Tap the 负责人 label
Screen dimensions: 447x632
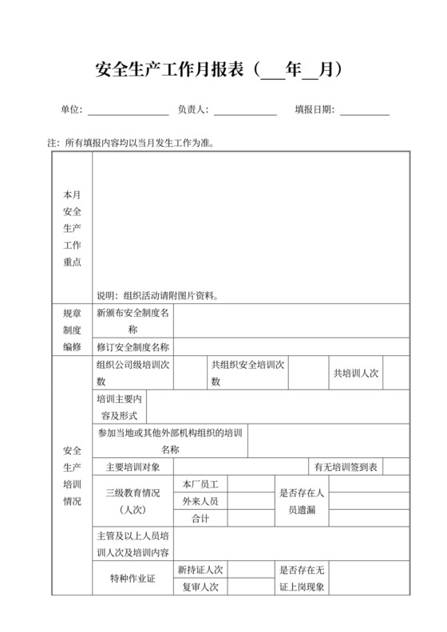tap(192, 109)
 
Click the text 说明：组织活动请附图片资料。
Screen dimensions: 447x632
tap(157, 294)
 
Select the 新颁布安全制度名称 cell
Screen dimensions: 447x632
tap(133, 320)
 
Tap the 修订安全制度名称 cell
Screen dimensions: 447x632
tap(133, 347)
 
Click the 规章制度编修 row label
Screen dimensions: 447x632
tap(72, 330)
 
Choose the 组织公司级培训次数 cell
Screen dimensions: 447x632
tap(133, 373)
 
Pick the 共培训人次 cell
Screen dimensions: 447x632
tap(355, 373)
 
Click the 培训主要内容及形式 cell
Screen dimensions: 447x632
tap(119, 406)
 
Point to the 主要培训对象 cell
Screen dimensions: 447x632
tap(133, 466)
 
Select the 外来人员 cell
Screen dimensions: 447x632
tap(200, 501)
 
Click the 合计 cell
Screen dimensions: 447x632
tap(200, 519)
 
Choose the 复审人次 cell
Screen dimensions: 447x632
tap(200, 587)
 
